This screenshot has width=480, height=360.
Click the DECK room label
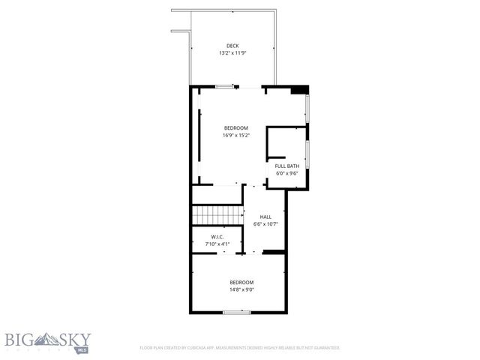pyautogui.click(x=232, y=46)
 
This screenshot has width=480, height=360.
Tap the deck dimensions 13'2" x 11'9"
pyautogui.click(x=232, y=53)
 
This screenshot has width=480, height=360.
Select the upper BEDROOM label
pyautogui.click(x=235, y=128)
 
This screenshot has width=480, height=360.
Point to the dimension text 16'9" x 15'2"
pyautogui.click(x=235, y=136)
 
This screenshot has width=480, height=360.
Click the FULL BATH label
pyautogui.click(x=286, y=166)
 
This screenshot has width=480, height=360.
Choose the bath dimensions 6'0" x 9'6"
pyautogui.click(x=286, y=173)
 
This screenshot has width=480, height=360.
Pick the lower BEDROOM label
pyautogui.click(x=241, y=282)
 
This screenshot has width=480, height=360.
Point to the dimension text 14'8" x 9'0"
pyautogui.click(x=241, y=289)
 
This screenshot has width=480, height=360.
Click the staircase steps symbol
pyautogui.click(x=217, y=214)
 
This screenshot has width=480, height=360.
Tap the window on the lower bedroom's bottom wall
pyautogui.click(x=237, y=311)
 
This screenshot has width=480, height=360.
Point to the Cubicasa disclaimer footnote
pyautogui.click(x=240, y=348)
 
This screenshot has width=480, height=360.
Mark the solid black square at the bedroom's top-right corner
pyautogui.click(x=299, y=90)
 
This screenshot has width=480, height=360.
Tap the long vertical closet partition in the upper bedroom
pyautogui.click(x=199, y=135)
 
